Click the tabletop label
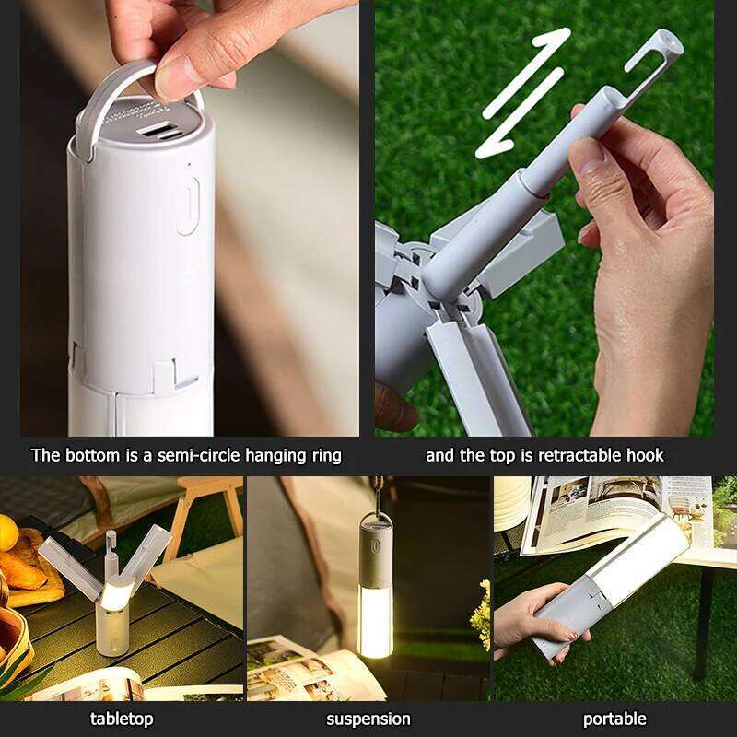pos(122,719)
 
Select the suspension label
pos(368,719)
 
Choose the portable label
pos(614,719)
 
